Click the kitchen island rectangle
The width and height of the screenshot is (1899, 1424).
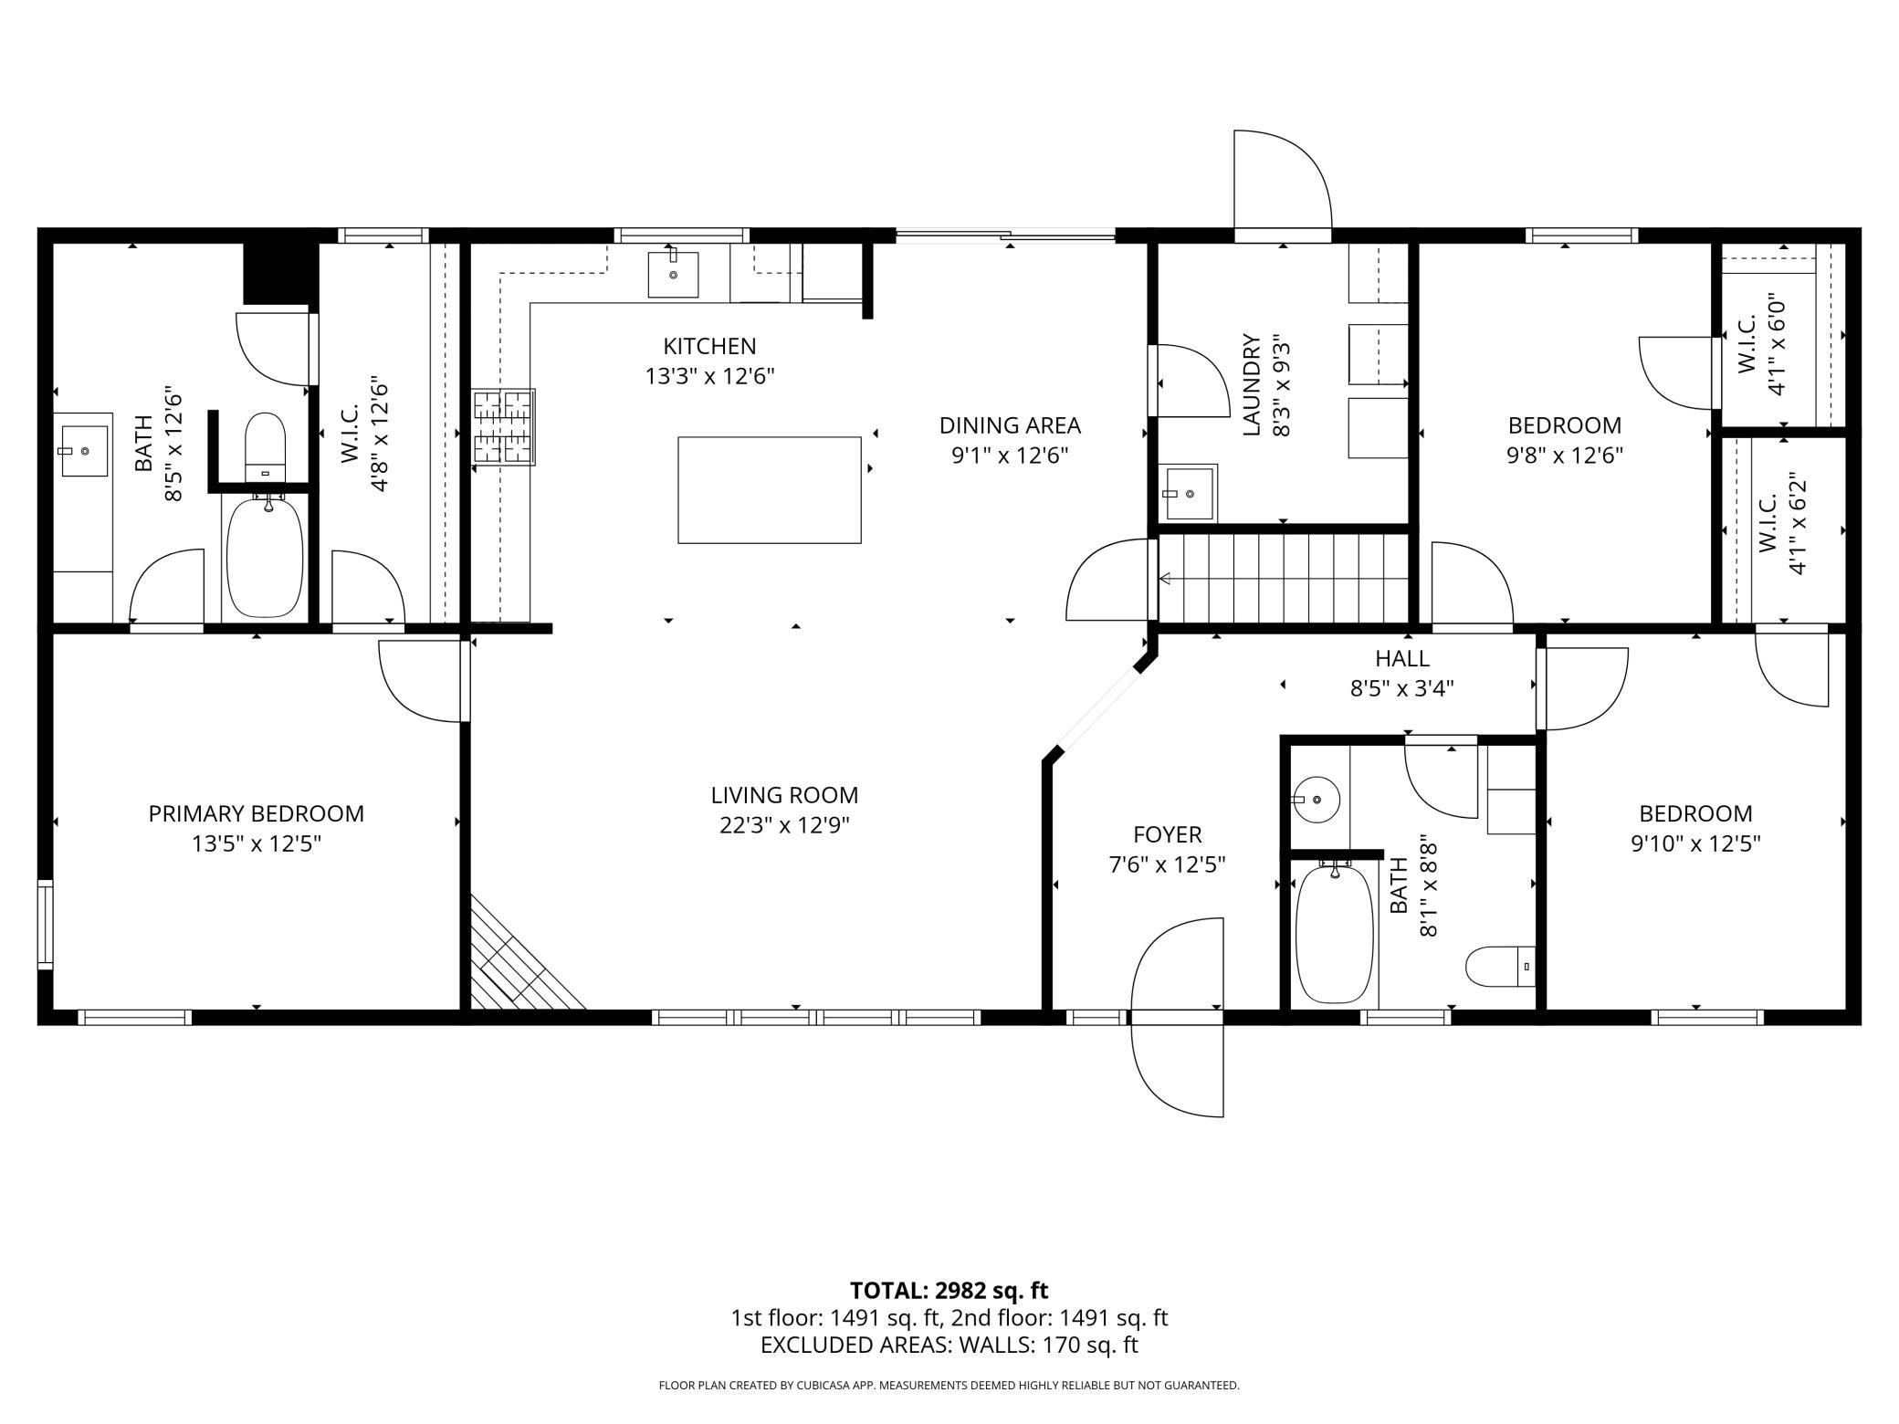coord(769,490)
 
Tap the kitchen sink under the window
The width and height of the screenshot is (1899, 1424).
coord(673,275)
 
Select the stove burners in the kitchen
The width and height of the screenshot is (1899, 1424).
coord(504,427)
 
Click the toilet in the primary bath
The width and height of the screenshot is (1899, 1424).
coord(266,446)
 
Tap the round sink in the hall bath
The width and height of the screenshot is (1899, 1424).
coord(1316,800)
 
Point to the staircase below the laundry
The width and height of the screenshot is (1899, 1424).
coord(1284,578)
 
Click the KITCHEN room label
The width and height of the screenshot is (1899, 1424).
coord(709,346)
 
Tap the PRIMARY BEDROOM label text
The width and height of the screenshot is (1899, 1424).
coord(257,813)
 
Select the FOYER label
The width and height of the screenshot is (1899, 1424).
coord(1168,834)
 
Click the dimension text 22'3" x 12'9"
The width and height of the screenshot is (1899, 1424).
coord(784,825)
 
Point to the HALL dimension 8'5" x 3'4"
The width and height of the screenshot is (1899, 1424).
coord(1402,687)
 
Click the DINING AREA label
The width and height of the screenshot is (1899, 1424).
coord(1010,425)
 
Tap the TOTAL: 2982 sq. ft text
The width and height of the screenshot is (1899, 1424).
coord(949,1291)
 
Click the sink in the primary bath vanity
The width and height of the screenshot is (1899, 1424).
coord(84,450)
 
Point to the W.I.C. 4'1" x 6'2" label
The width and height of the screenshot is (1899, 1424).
coord(1782,523)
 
